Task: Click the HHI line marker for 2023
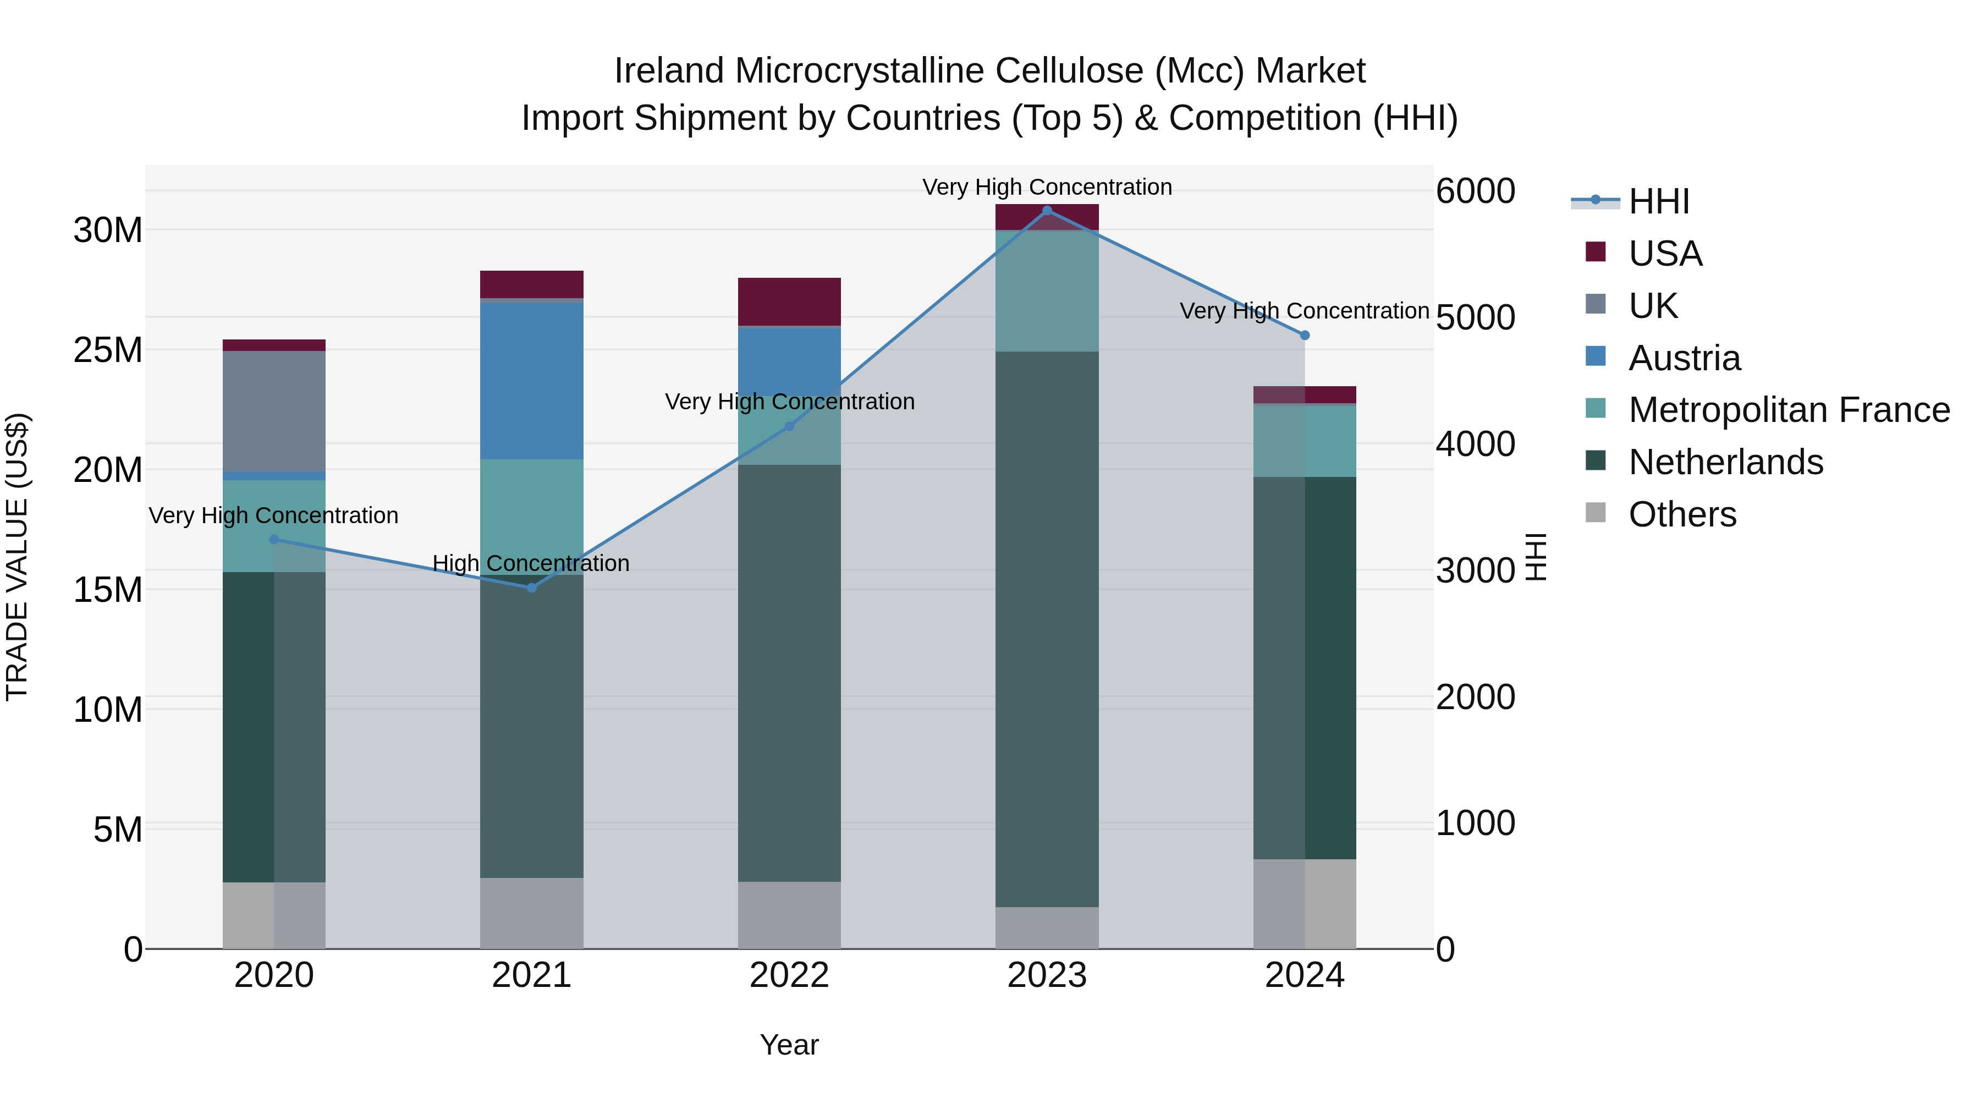(x=1046, y=210)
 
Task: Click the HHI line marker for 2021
(x=531, y=588)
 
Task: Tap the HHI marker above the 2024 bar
(x=1305, y=335)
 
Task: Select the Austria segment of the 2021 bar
(x=531, y=381)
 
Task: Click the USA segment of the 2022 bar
(x=789, y=301)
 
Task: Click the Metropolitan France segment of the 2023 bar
(x=1046, y=290)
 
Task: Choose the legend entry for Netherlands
(x=1725, y=462)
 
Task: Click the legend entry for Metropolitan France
(x=1788, y=410)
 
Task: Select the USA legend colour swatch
(x=1595, y=252)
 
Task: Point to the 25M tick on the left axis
(x=108, y=350)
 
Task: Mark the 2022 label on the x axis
(x=789, y=975)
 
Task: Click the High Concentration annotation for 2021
(x=531, y=563)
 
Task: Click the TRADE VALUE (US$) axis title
(x=17, y=557)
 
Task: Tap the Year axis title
(x=789, y=1045)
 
